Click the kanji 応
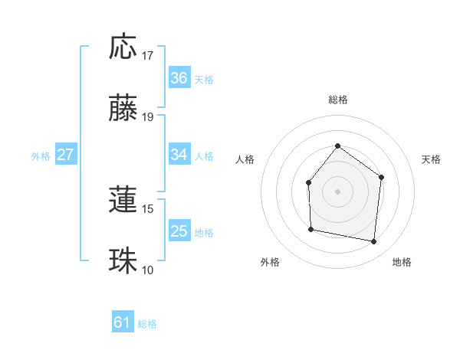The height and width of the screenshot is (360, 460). point(123,47)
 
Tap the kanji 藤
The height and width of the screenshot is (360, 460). point(123,109)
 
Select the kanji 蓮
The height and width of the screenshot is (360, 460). point(123,200)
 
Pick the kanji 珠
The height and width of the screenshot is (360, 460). point(123,261)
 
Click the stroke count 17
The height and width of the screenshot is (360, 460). point(148,56)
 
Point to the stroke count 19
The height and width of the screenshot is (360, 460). point(148,117)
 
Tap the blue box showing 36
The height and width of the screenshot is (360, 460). point(179,78)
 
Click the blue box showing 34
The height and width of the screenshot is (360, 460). point(179,155)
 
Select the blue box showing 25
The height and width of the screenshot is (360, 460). point(179,231)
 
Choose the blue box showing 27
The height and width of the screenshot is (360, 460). point(65,155)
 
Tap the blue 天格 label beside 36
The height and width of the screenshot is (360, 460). point(204,79)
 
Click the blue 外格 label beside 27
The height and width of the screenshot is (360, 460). point(41,155)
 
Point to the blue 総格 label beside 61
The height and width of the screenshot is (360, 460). point(147,324)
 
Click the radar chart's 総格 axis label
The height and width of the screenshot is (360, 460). point(337,100)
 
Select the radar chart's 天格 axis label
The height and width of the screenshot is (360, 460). point(432,159)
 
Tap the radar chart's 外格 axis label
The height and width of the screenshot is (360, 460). point(270,262)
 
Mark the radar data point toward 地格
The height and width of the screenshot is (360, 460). point(374,241)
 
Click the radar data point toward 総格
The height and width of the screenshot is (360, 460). point(337,146)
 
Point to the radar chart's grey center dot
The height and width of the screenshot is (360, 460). point(337,191)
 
